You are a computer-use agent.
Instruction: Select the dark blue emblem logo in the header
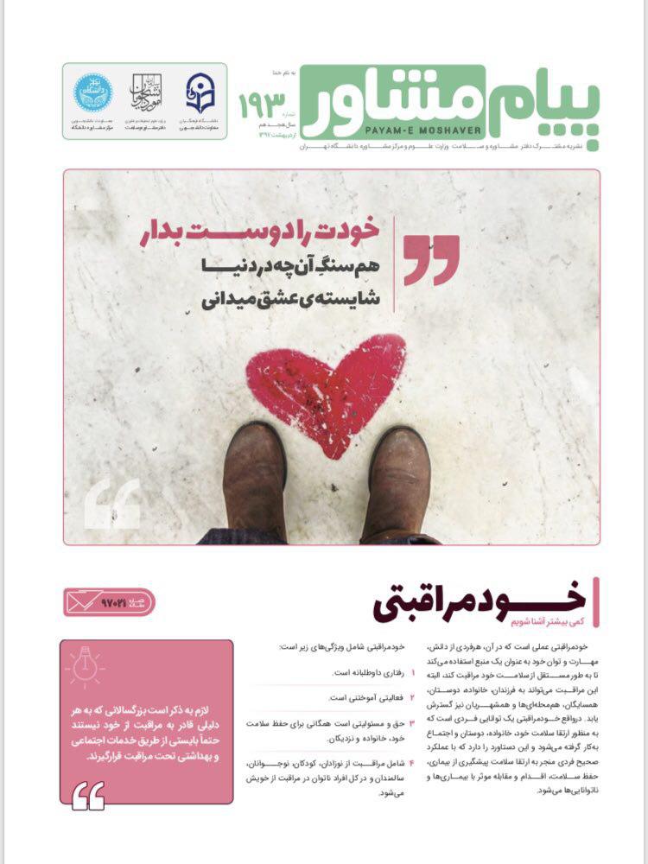[200, 92]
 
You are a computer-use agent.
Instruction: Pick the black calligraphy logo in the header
[147, 92]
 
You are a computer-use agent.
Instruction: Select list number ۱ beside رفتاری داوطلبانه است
[413, 671]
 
